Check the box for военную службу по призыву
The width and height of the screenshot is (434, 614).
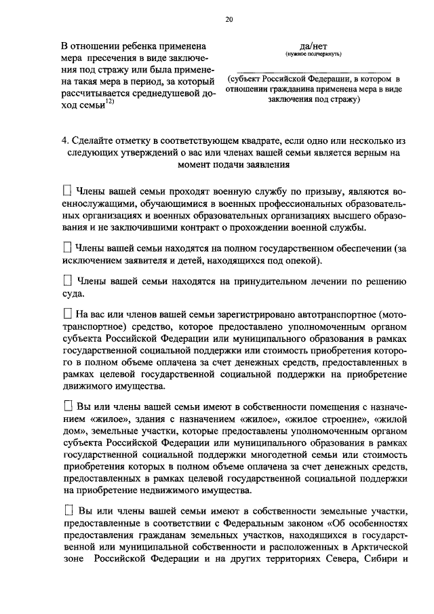point(66,191)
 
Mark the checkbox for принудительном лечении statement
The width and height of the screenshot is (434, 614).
point(66,280)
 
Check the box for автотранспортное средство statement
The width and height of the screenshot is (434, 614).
point(66,314)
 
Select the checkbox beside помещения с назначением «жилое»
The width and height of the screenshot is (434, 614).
point(66,406)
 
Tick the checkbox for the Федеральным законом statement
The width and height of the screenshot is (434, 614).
point(66,508)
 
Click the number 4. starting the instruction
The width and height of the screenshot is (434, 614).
point(65,140)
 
